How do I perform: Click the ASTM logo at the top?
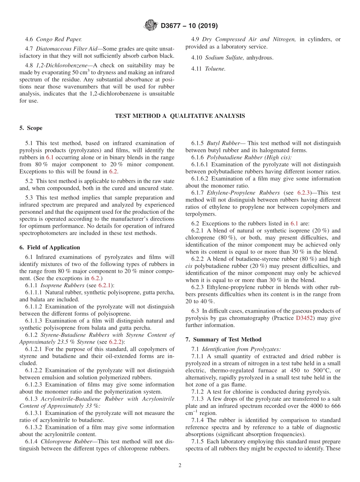click(x=151, y=26)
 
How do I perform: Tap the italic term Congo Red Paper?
click(x=59, y=39)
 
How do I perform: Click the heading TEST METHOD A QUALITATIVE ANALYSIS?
click(x=180, y=116)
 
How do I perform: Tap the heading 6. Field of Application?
click(x=50, y=247)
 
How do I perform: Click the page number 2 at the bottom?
click(x=180, y=466)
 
